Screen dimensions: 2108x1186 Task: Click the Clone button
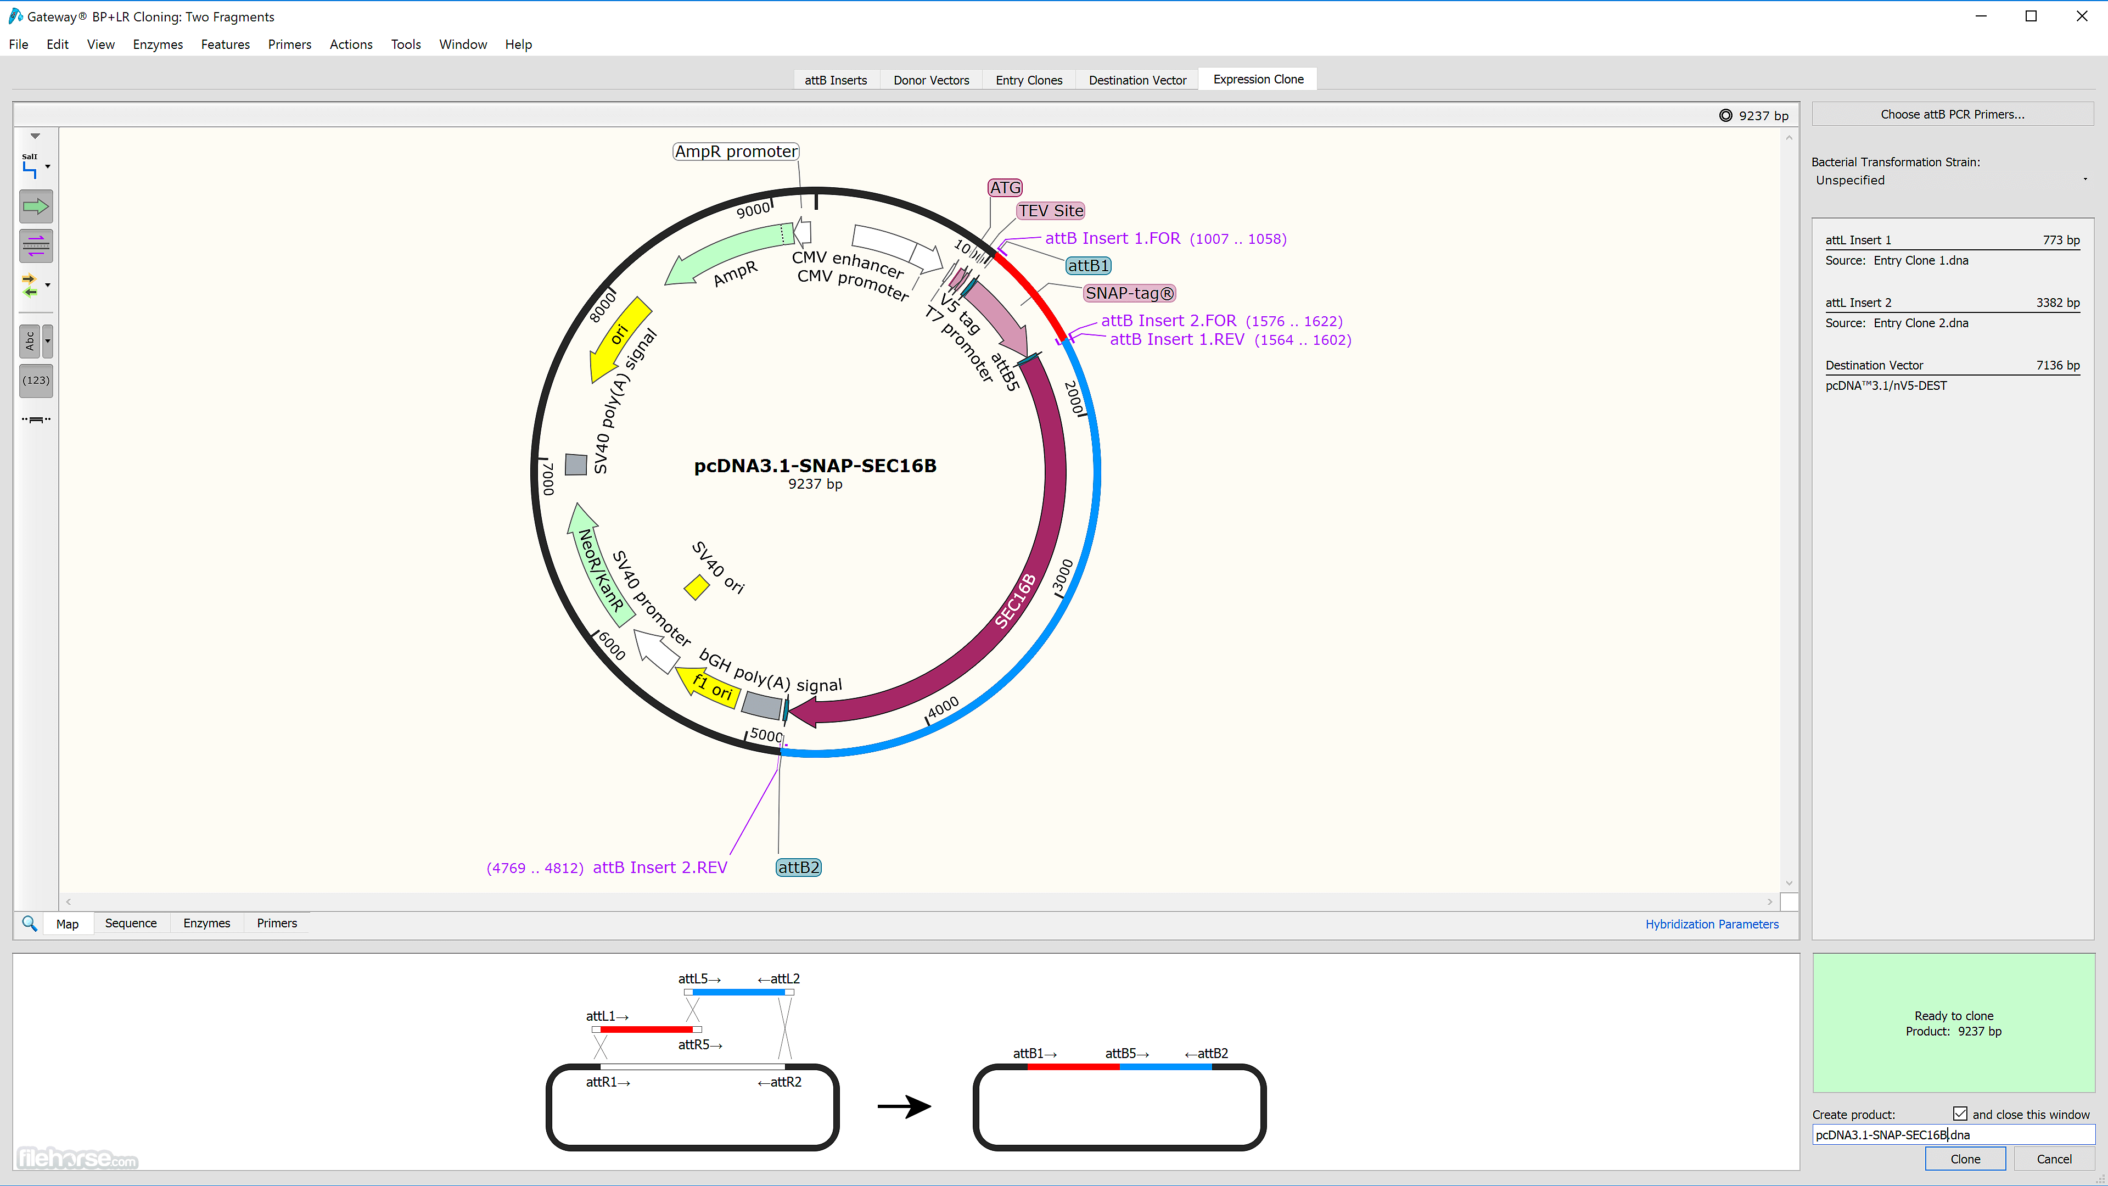[x=1965, y=1159]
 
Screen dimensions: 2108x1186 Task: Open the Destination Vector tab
[x=1137, y=80]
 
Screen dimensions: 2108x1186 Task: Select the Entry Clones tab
[x=1029, y=80]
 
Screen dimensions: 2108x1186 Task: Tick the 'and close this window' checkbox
[x=1960, y=1114]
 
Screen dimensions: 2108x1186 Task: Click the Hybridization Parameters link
[x=1712, y=924]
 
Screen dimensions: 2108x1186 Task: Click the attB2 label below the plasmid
[x=798, y=868]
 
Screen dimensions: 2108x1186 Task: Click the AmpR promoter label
[x=736, y=152]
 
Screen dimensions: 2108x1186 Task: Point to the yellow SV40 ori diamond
[x=697, y=587]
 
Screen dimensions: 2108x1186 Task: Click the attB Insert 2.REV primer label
[x=659, y=868]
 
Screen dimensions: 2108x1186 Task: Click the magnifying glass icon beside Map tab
[x=30, y=923]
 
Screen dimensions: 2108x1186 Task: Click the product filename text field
[x=1953, y=1134]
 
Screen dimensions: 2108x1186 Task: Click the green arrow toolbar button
[x=36, y=206]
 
